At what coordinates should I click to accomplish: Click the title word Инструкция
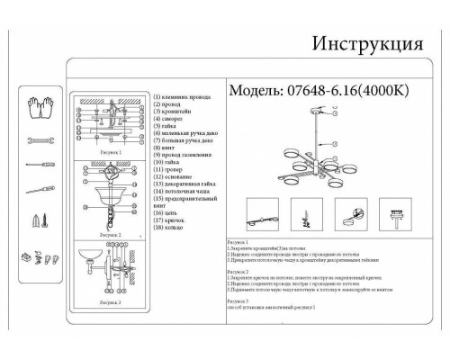[x=366, y=44]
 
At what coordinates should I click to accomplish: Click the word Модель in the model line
[x=255, y=92]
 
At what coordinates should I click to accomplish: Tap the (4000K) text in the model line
[x=391, y=92]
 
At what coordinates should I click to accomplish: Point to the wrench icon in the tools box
[x=39, y=141]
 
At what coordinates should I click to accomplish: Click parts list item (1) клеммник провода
[x=184, y=96]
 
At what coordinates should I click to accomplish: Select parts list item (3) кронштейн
[x=175, y=111]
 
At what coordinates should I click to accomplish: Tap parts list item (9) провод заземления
[x=186, y=154]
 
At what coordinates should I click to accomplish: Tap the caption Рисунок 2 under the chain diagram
[x=109, y=233]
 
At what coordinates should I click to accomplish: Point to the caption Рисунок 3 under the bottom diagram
[x=112, y=304]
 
